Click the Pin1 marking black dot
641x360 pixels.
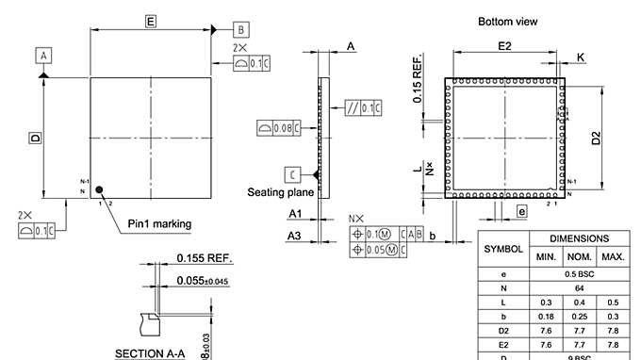click(98, 189)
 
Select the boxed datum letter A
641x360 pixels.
click(43, 57)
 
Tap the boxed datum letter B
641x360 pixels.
click(241, 29)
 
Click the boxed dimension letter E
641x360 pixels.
click(150, 20)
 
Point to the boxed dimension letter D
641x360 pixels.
click(35, 138)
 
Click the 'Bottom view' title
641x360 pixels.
click(508, 22)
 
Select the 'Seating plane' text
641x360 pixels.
click(279, 192)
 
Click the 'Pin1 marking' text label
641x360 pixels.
click(159, 224)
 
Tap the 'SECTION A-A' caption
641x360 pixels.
click(150, 353)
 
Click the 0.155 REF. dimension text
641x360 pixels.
click(205, 258)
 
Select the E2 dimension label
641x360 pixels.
click(503, 46)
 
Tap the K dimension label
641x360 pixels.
click(580, 58)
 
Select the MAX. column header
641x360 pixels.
click(613, 257)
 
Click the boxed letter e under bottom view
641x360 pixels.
click(521, 213)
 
